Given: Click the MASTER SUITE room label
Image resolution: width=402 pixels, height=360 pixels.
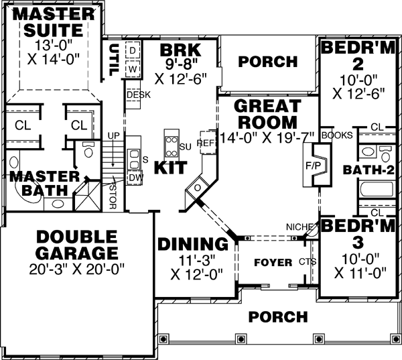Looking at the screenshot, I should point(53,21).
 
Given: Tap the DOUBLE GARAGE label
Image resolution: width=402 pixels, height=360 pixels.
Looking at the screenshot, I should point(76,245).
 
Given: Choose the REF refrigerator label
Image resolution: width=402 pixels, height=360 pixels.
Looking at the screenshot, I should point(204,143).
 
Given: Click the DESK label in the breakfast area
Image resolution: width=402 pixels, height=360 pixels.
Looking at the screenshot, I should point(137,95).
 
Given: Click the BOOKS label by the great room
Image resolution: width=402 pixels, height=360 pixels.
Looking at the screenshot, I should point(336,135).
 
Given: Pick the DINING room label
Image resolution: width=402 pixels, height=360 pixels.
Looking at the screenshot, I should point(192,244).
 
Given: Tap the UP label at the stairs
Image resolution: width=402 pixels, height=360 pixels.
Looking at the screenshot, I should point(113,136).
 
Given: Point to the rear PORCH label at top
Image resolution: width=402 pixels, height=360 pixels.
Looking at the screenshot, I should point(268,62).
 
